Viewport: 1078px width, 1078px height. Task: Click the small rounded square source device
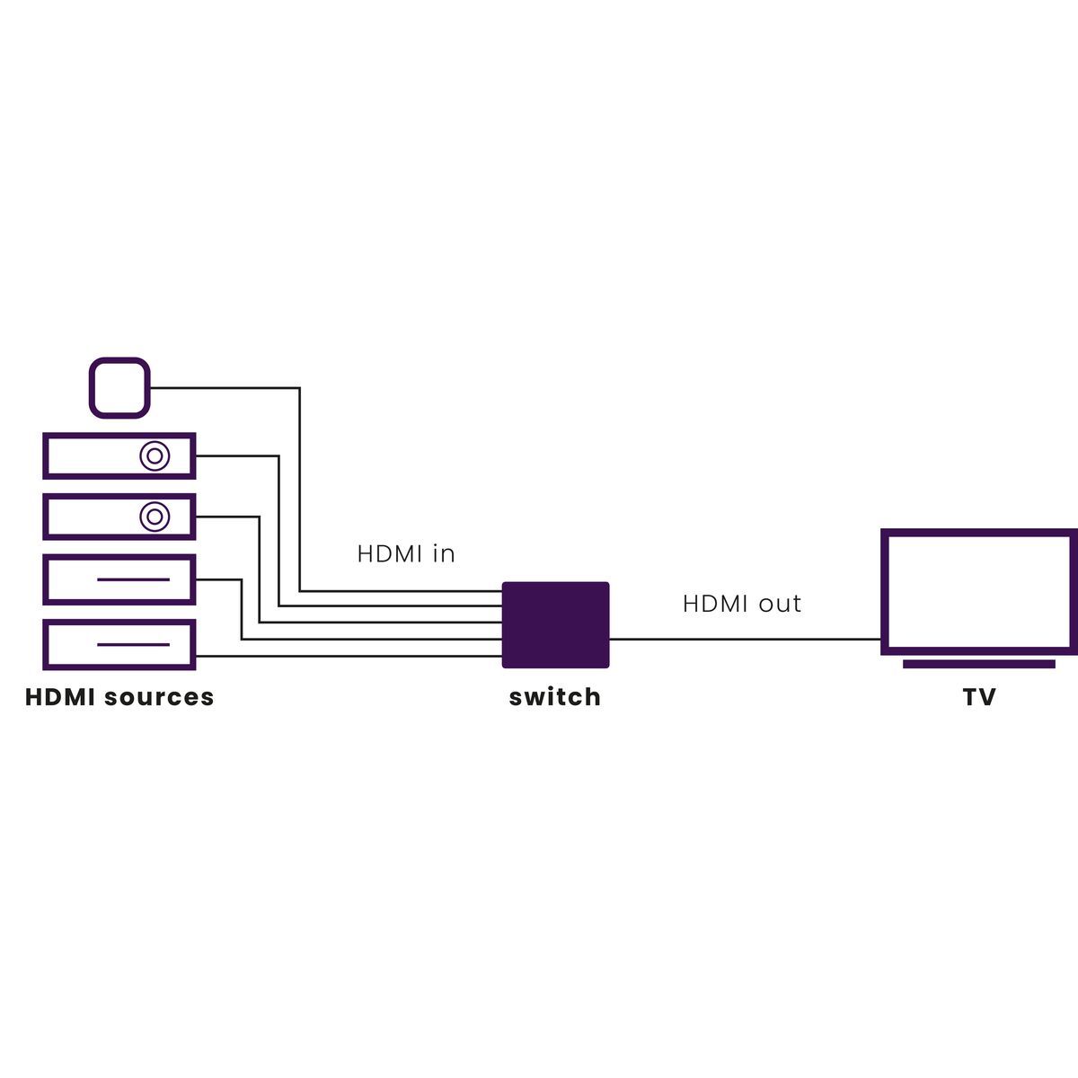(119, 388)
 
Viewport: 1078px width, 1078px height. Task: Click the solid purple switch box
(555, 625)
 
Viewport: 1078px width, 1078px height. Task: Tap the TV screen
(978, 593)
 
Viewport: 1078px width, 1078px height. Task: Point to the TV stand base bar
(978, 664)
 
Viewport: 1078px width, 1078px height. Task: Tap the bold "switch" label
(554, 698)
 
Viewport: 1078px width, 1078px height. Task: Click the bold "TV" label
(979, 698)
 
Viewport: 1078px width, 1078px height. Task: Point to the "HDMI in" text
(406, 554)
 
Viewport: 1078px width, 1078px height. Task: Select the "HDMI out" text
(741, 604)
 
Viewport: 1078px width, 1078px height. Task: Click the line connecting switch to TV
(746, 640)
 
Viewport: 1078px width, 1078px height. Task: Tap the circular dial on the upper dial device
(155, 456)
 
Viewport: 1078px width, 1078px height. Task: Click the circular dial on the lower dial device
(155, 517)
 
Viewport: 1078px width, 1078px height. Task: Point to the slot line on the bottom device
(133, 644)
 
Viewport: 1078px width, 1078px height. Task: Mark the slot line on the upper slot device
(133, 579)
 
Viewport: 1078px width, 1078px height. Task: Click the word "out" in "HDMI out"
(779, 604)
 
